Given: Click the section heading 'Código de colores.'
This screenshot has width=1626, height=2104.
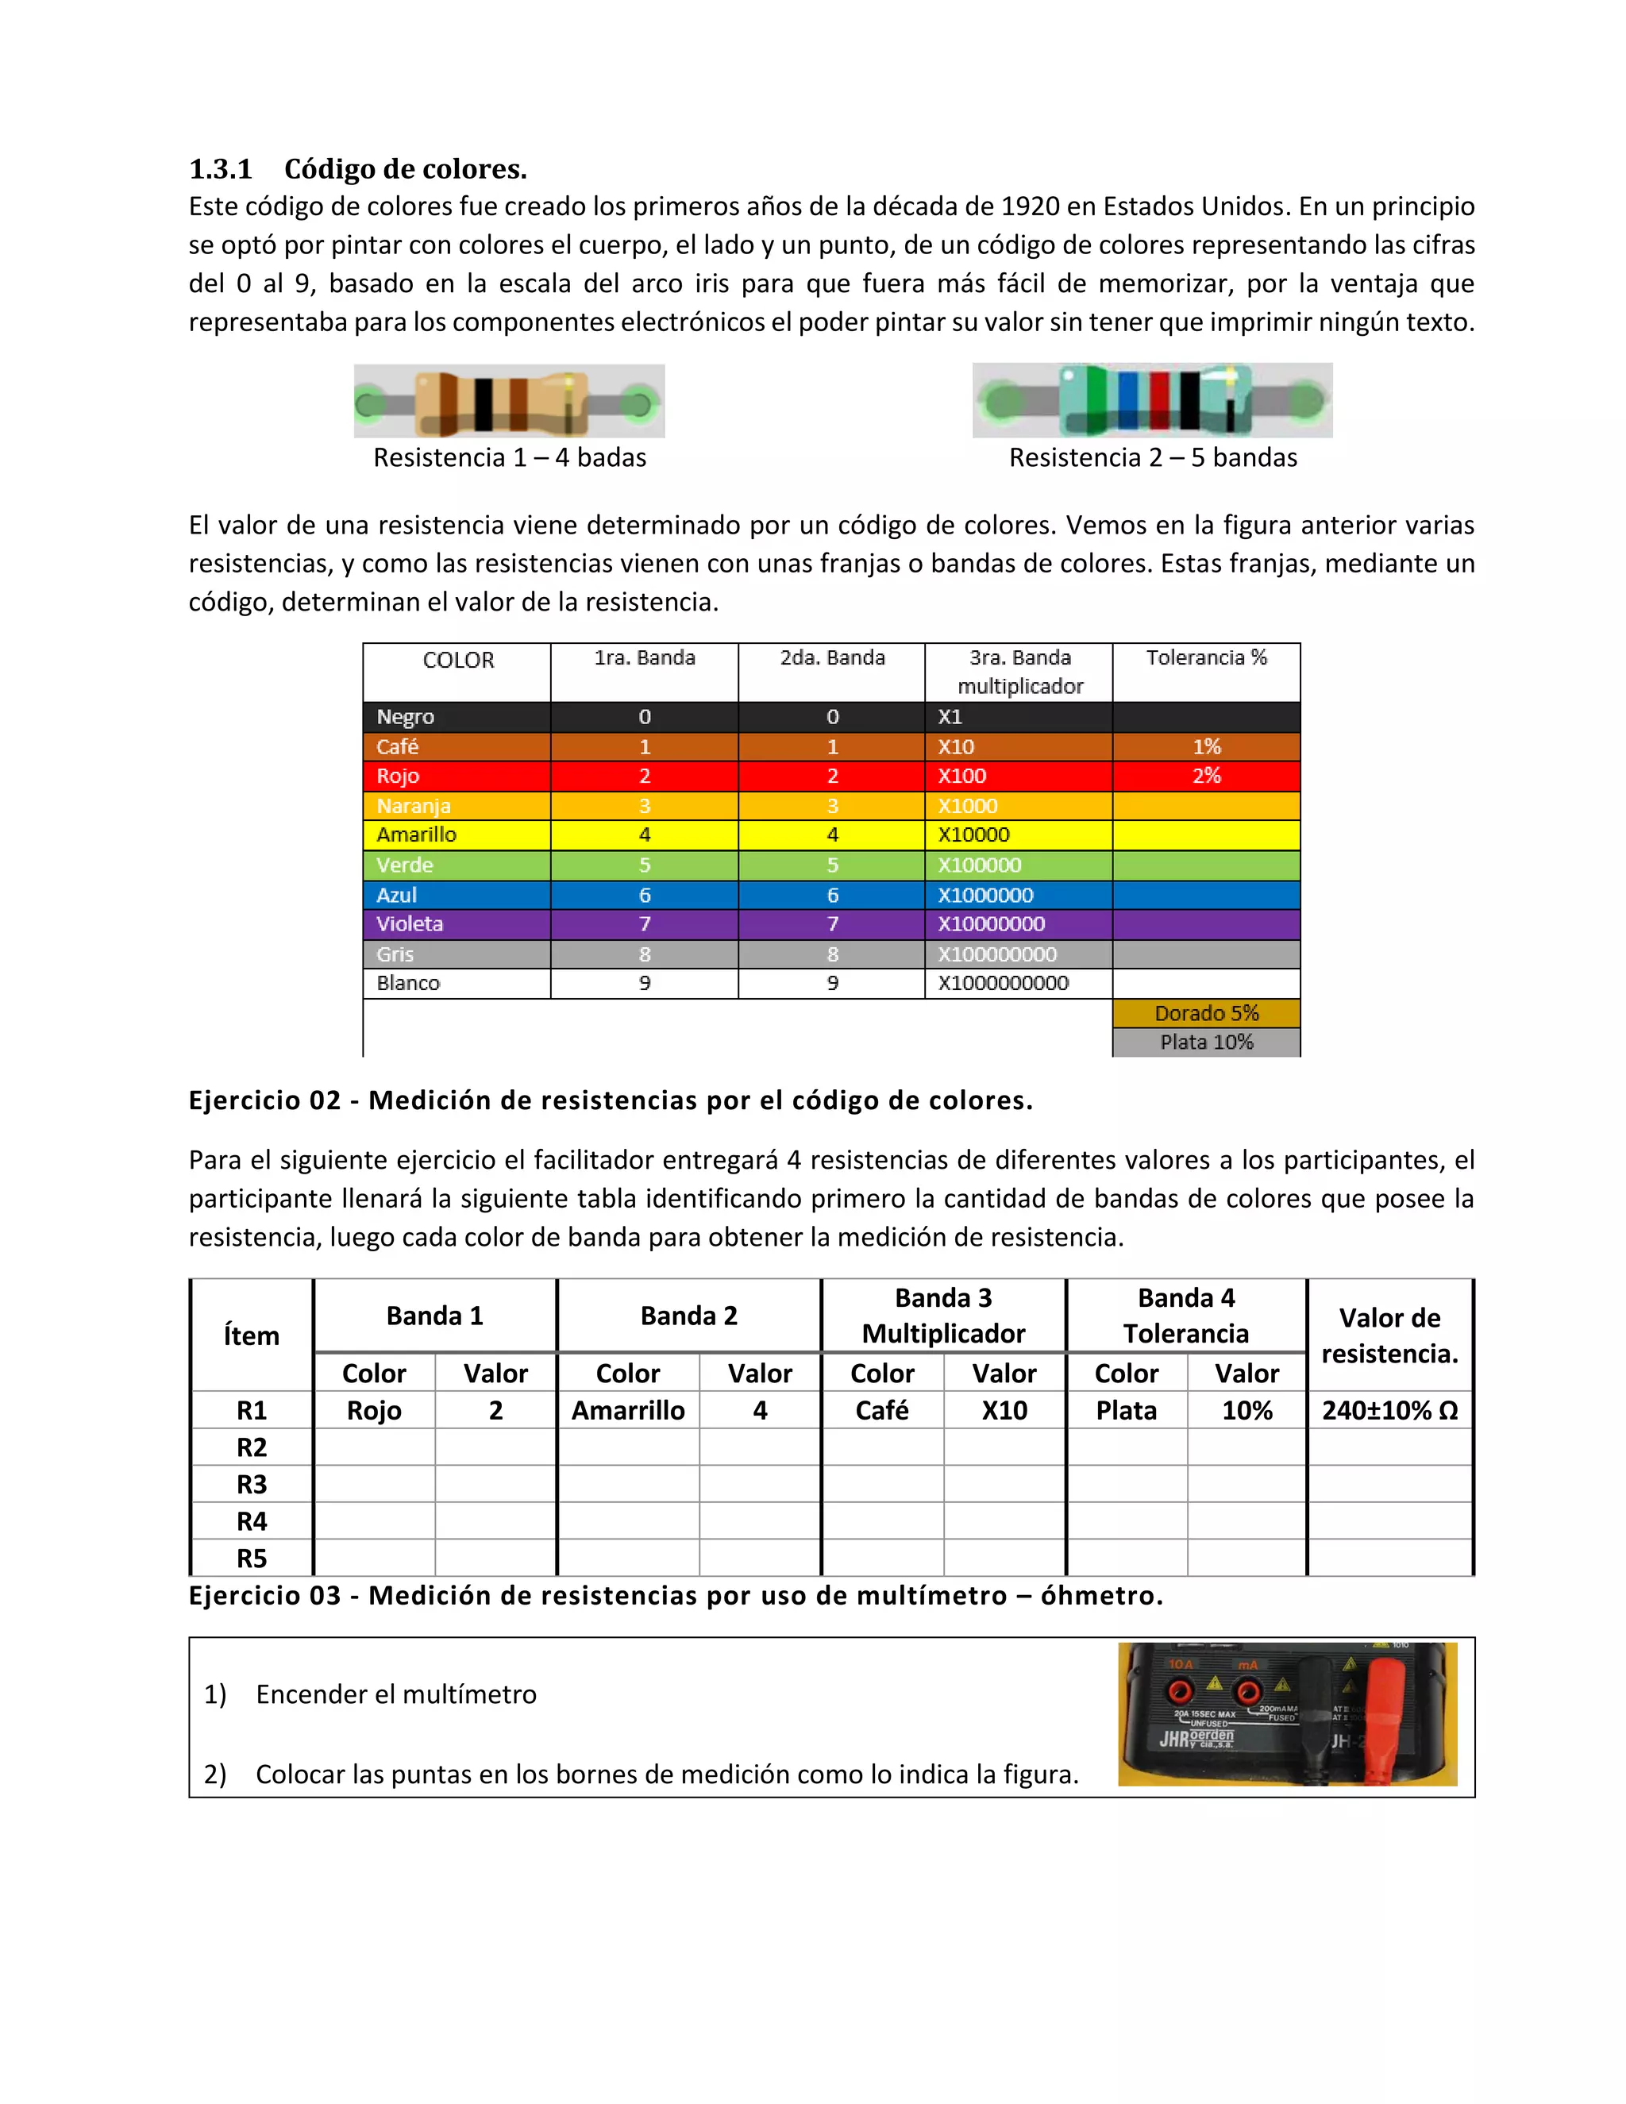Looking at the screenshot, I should (x=405, y=170).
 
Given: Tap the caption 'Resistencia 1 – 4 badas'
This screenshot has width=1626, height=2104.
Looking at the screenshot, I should (x=510, y=457).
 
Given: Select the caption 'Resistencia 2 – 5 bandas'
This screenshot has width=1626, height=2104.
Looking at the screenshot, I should (x=1152, y=457).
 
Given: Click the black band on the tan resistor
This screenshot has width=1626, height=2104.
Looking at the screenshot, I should (x=483, y=403).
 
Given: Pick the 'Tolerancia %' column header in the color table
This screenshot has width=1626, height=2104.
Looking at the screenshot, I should (x=1206, y=658).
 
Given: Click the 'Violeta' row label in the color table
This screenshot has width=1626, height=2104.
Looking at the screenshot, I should (x=410, y=924).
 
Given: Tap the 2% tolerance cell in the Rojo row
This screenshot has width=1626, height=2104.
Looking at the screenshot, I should (x=1206, y=776).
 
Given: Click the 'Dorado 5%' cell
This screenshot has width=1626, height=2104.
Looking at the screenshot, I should (x=1206, y=1012).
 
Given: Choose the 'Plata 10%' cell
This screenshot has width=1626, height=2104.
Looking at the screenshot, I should (x=1206, y=1042).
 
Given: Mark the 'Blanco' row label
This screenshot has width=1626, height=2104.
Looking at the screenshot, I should (x=408, y=984).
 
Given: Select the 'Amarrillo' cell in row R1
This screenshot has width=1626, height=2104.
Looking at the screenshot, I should (x=628, y=1410).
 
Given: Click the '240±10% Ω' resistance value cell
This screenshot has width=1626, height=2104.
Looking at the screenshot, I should (x=1389, y=1410).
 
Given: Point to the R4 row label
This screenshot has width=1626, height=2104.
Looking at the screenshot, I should (x=252, y=1521).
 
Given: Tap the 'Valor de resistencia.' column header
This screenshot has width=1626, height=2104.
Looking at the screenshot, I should (x=1389, y=1335).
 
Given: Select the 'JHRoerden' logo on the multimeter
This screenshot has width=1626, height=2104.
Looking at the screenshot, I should (x=1197, y=1738).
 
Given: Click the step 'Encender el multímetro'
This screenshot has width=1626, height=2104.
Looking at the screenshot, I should (x=396, y=1694).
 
